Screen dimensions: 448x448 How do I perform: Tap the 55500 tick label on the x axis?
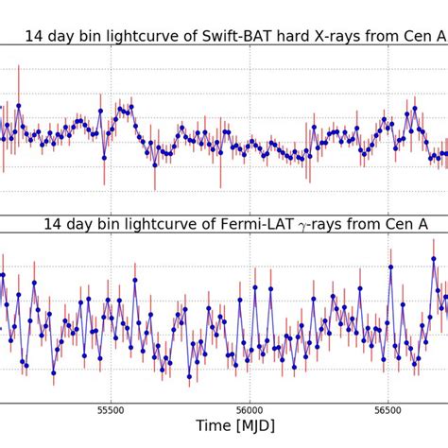(111, 411)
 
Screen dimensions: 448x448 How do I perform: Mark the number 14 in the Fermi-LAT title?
(53, 225)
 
